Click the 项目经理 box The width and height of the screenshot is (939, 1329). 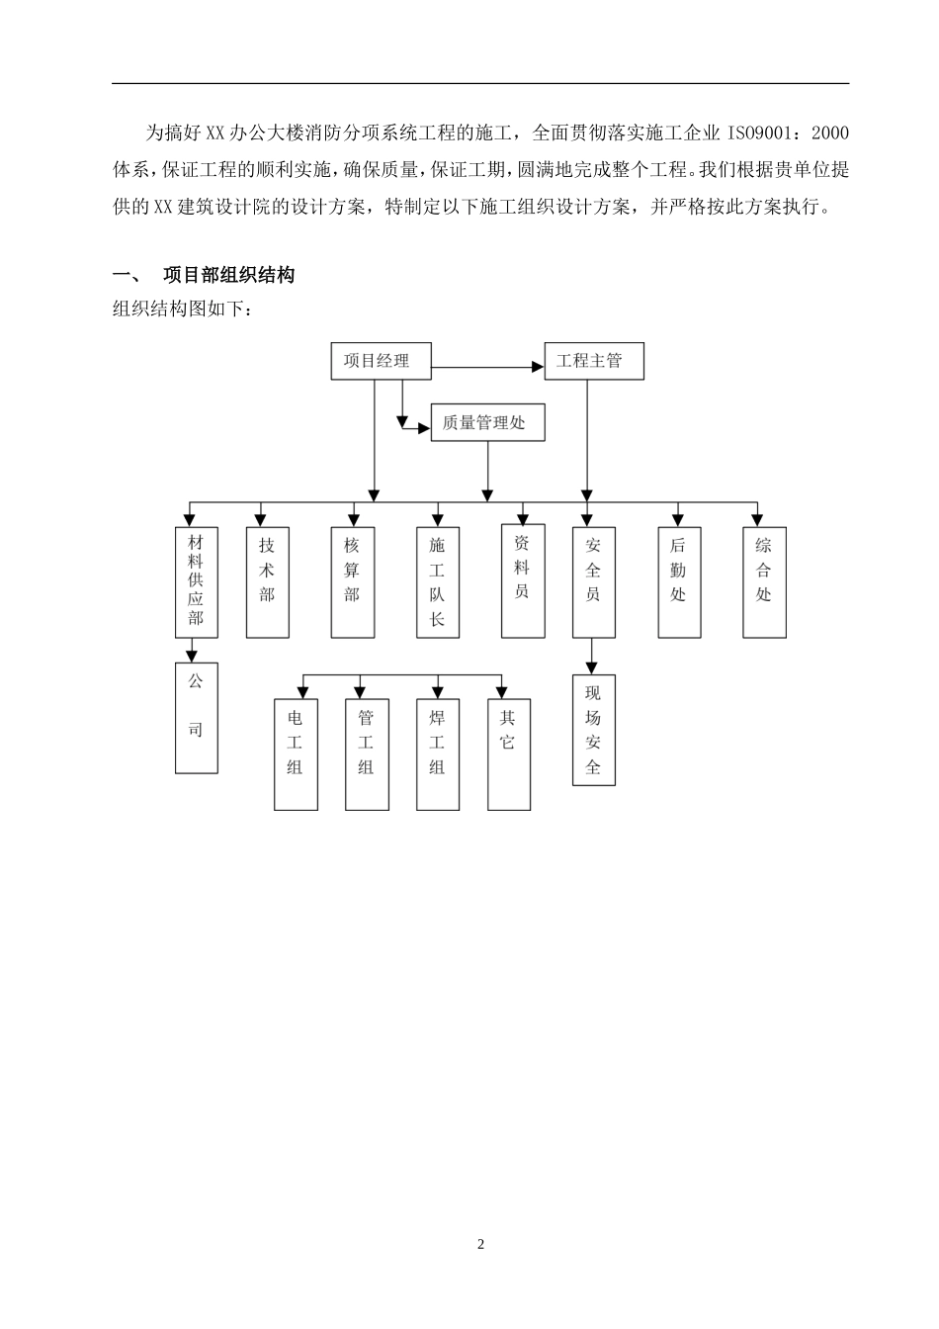tap(381, 361)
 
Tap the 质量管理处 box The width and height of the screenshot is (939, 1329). tap(488, 423)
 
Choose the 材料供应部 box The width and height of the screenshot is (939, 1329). tap(196, 581)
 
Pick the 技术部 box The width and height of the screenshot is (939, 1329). tap(267, 581)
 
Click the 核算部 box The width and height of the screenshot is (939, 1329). tap(352, 581)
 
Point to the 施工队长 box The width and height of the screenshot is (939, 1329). tap(437, 581)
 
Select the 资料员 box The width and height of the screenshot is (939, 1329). tap(522, 581)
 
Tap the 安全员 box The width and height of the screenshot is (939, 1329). tap(593, 581)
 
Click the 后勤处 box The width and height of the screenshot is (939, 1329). tap(678, 581)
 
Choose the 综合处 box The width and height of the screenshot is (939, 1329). tap(763, 581)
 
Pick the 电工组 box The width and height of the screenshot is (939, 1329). tap(296, 755)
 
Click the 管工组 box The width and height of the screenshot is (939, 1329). tap(366, 755)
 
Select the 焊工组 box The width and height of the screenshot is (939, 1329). tap(437, 755)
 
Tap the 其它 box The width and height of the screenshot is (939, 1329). tap(508, 755)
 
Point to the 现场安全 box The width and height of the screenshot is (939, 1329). tap(593, 731)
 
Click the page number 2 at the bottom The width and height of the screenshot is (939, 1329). tap(481, 1244)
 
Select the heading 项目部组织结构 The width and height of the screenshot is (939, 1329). tap(228, 275)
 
